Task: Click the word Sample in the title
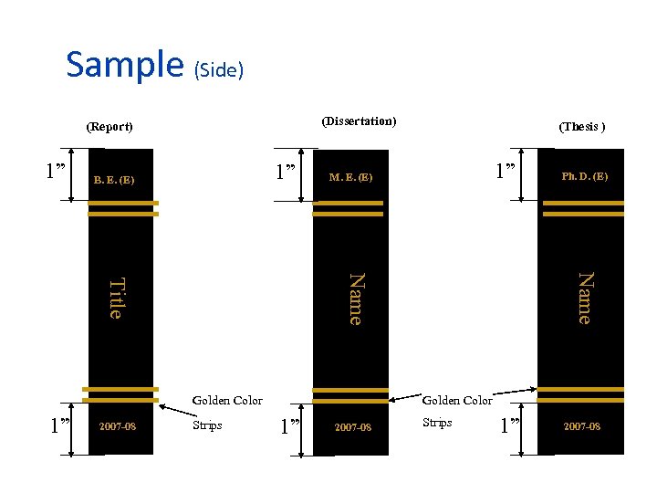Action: [125, 64]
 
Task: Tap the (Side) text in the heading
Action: [216, 69]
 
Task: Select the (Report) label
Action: [109, 126]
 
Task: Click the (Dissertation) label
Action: [359, 121]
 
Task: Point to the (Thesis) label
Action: [582, 126]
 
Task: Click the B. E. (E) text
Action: [114, 179]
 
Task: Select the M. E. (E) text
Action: [351, 176]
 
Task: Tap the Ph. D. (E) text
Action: [585, 175]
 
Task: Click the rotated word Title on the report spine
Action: [115, 298]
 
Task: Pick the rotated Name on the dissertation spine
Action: [356, 298]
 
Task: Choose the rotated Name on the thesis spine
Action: [584, 298]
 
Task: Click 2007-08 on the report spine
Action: [118, 426]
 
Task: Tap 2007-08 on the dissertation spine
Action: [352, 427]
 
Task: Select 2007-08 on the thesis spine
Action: [581, 426]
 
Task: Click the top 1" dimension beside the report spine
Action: [57, 171]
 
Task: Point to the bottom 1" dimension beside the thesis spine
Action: [512, 425]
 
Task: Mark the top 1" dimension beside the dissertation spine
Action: [288, 171]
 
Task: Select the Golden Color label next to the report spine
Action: [227, 400]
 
